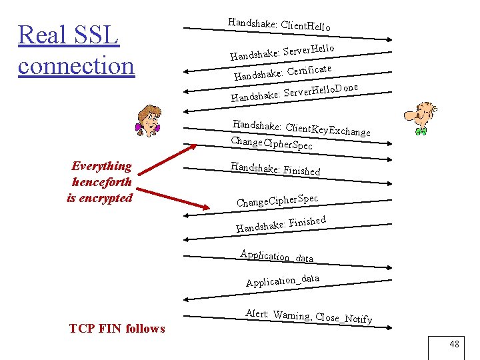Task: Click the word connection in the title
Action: coord(76,65)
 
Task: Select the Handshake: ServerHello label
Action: coord(281,51)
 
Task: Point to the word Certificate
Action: coord(309,69)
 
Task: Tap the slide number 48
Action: coord(454,344)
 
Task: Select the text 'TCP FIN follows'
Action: coord(117,328)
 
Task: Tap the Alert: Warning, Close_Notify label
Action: coord(308,317)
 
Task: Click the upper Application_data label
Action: coord(277,255)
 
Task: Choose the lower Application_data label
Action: coord(282,280)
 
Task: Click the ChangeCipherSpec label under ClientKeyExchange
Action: coord(271,143)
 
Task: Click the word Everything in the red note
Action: coord(101,166)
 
